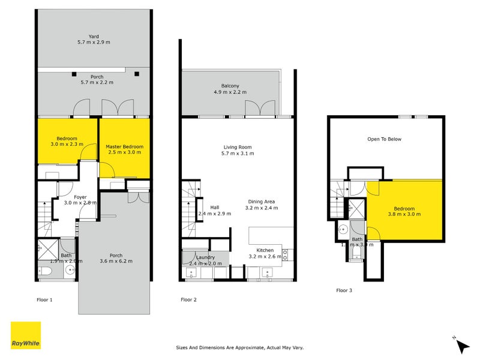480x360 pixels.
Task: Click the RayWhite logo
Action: pos(26,335)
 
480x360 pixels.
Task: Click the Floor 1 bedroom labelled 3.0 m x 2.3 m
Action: pos(66,140)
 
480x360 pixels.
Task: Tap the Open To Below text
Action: pos(384,139)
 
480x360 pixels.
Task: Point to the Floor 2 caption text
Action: pos(189,299)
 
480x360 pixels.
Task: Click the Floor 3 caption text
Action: pos(344,290)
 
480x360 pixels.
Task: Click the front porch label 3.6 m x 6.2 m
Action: pos(115,257)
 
